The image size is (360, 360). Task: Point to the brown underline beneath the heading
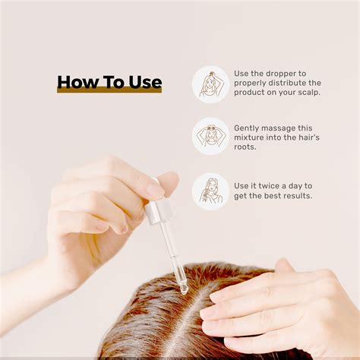[109, 90]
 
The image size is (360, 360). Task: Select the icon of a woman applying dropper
[210, 84]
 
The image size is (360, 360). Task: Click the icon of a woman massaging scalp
[210, 136]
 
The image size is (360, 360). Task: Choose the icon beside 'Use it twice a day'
[210, 191]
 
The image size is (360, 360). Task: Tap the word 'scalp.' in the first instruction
[309, 93]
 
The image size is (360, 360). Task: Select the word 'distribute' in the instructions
[287, 83]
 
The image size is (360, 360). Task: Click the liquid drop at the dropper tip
[184, 289]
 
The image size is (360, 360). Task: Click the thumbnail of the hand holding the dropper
[169, 181]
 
